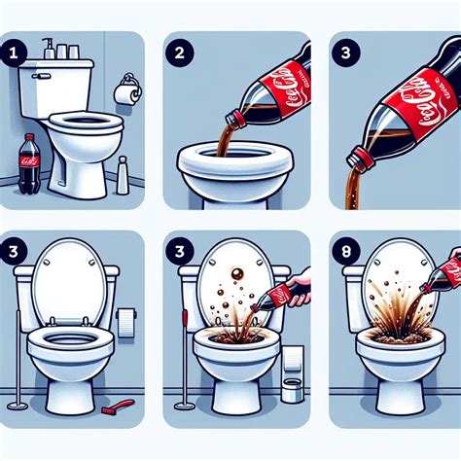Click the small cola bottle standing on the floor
(x=28, y=162)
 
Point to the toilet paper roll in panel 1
(x=124, y=92)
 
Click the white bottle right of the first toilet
(x=123, y=176)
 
